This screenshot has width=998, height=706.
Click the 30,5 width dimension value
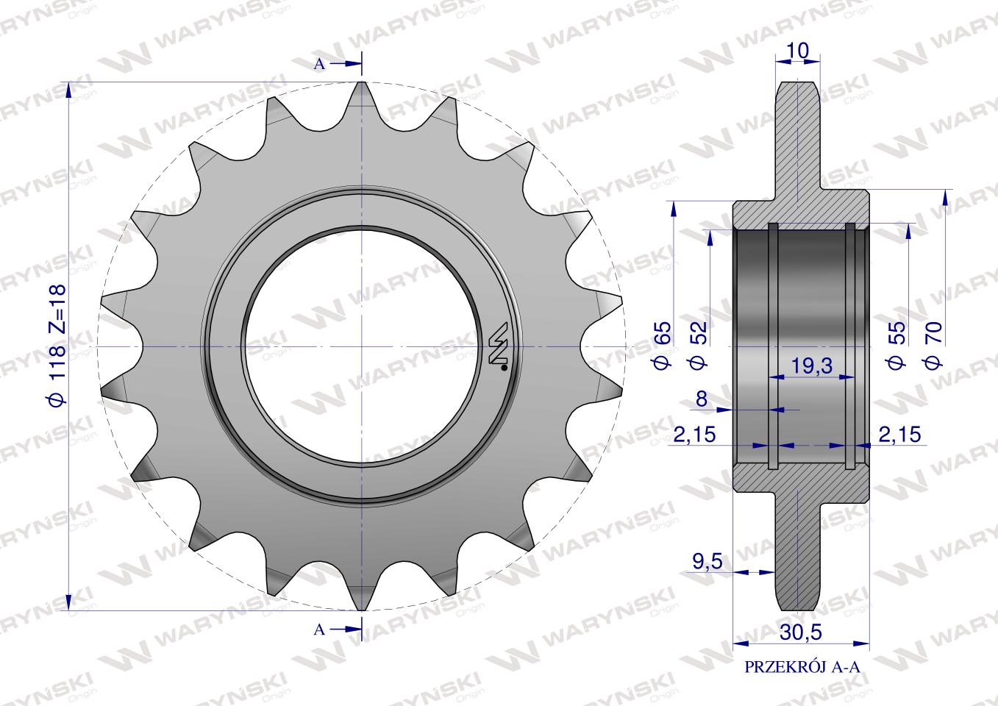tap(801, 632)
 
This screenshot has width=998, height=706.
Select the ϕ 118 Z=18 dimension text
tap(58, 345)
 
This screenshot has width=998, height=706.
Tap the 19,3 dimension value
tap(811, 366)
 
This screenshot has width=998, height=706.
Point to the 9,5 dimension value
tap(707, 562)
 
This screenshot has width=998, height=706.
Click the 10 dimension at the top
tap(798, 51)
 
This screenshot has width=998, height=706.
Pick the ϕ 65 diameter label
tap(663, 345)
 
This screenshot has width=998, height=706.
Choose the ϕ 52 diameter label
tap(698, 345)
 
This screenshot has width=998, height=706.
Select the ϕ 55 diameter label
tap(897, 345)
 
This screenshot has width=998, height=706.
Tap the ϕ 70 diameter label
tap(933, 345)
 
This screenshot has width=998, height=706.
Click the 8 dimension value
tap(702, 399)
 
